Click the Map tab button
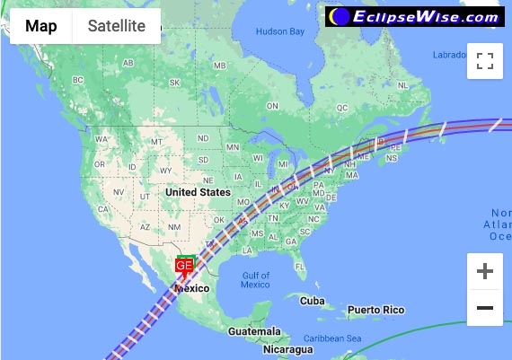[41, 26]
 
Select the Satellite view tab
[116, 26]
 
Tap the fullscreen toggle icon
[485, 61]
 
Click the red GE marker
[184, 266]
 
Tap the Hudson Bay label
[280, 31]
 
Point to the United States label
[198, 192]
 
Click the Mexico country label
[192, 288]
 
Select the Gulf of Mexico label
[255, 279]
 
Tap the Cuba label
[312, 301]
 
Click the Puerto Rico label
[376, 310]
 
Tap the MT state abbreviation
[156, 142]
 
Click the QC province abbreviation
[341, 107]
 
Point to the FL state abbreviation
[299, 267]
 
